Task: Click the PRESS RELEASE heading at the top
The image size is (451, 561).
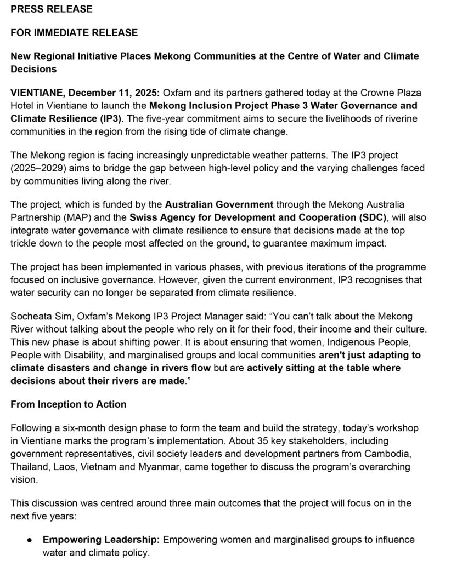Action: (x=52, y=9)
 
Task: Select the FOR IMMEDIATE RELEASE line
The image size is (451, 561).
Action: (x=74, y=33)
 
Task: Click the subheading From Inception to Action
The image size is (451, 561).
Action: (x=69, y=404)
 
